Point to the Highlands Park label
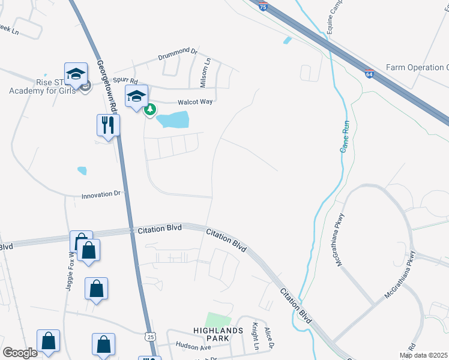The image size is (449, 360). [218, 331]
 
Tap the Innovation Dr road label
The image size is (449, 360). [101, 195]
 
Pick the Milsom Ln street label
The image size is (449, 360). [208, 70]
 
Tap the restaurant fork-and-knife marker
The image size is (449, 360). [108, 125]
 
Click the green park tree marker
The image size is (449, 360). [150, 109]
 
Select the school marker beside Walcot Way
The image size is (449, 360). [136, 95]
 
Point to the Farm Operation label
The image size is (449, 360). [417, 67]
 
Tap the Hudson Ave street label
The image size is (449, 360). [193, 346]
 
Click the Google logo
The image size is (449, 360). [20, 353]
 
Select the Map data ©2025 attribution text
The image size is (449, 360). [423, 355]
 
